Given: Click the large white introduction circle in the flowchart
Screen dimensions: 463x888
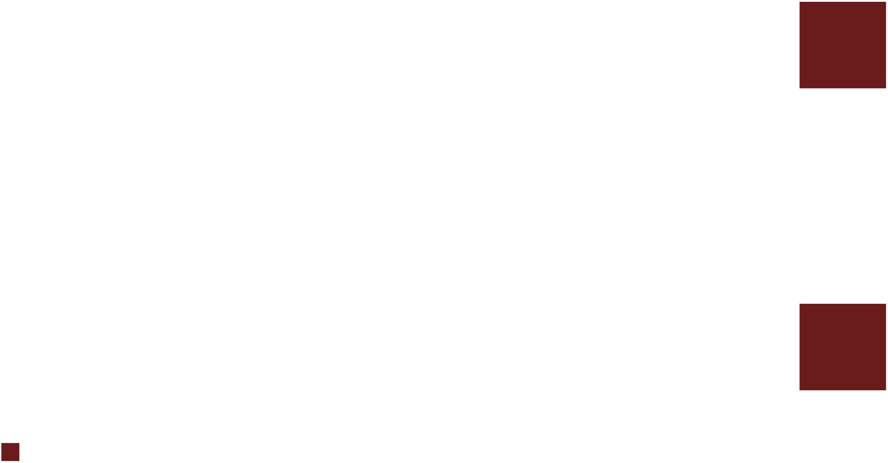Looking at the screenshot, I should click(x=47, y=200).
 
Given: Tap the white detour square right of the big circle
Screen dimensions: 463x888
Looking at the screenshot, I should click(x=280, y=200).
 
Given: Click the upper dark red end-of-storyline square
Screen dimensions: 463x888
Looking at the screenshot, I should click(x=842, y=45).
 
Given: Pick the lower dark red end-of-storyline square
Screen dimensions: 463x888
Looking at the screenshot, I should click(x=842, y=347).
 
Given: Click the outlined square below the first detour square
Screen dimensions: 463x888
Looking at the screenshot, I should click(x=340, y=288).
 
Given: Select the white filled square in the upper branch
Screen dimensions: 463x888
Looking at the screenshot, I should click(x=536, y=50).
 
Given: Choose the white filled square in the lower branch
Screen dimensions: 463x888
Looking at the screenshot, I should click(x=536, y=348).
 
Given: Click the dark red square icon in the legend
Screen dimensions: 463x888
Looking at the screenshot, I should click(x=10, y=452).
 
